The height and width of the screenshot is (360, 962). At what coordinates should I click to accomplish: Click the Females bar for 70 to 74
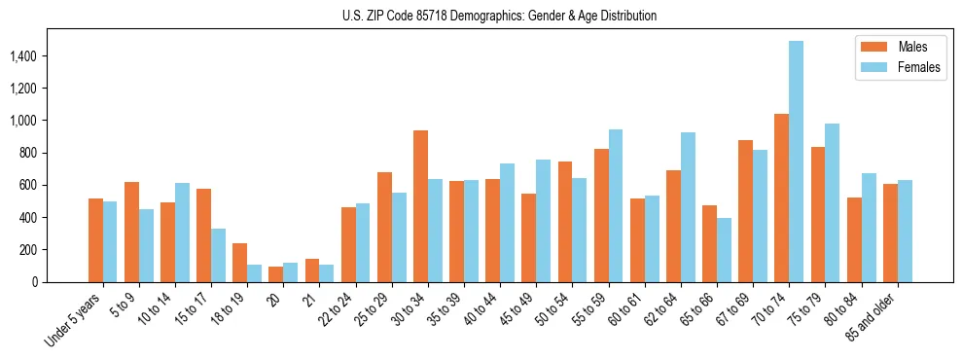[x=797, y=162]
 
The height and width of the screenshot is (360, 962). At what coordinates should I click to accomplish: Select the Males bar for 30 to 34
[x=420, y=206]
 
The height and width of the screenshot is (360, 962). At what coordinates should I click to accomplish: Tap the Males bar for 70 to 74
[x=782, y=198]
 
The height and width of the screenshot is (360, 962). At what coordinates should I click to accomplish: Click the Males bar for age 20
[x=276, y=274]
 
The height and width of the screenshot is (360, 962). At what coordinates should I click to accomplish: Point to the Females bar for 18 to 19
[x=254, y=273]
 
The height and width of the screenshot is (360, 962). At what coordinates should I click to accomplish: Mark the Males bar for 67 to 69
[x=746, y=211]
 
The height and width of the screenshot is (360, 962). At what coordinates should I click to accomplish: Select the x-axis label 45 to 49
[x=522, y=309]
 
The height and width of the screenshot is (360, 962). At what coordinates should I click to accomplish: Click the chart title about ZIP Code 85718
[x=499, y=16]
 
